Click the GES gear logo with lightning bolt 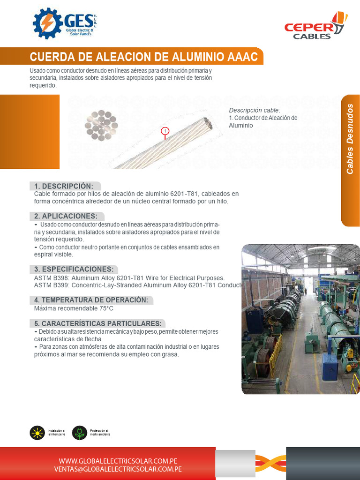pos(47,23)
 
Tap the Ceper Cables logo pos(315,27)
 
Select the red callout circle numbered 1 pos(165,130)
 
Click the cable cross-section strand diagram pos(101,126)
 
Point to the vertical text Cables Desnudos pos(350,139)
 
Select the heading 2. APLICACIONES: pos(66,216)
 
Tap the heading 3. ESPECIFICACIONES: pos(74,269)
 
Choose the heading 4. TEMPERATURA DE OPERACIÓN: pos(91,300)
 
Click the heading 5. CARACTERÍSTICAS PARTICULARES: pos(97,323)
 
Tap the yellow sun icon pos(37,433)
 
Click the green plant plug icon pos(80,433)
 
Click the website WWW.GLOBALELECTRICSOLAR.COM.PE pos(118,461)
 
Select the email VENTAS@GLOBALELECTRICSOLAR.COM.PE pos(118,469)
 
